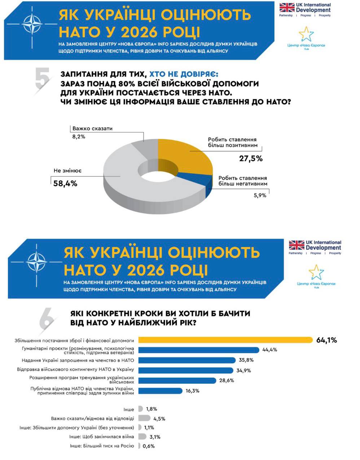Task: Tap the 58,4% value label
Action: pyautogui.click(x=65, y=183)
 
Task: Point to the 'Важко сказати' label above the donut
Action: pyautogui.click(x=92, y=129)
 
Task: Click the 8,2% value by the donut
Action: pyautogui.click(x=79, y=137)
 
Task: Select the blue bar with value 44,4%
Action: pyautogui.click(x=199, y=350)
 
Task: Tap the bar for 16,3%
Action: pyautogui.click(x=160, y=391)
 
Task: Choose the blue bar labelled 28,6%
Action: pyautogui.click(x=177, y=381)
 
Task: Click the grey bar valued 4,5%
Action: pyautogui.click(x=144, y=418)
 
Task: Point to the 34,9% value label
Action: pyautogui.click(x=243, y=370)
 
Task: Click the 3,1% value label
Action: pyautogui.click(x=155, y=437)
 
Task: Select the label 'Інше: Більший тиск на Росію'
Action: pyautogui.click(x=102, y=446)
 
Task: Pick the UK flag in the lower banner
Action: pyautogui.click(x=297, y=246)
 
